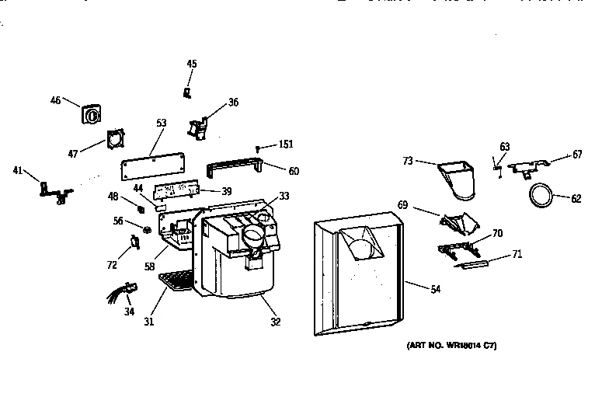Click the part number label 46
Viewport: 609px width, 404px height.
point(55,99)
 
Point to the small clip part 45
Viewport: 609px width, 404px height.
point(187,92)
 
